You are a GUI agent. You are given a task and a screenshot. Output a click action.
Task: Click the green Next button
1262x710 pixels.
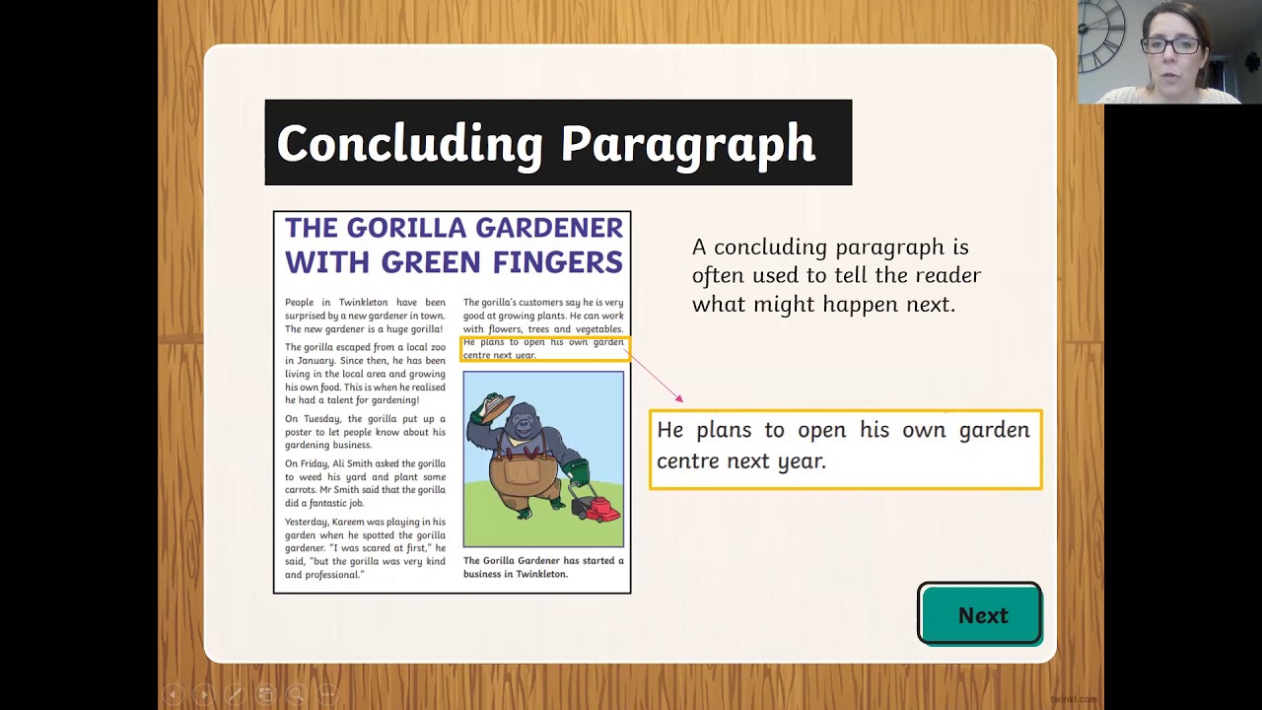980,614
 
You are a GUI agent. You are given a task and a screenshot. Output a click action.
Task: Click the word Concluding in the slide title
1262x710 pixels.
409,144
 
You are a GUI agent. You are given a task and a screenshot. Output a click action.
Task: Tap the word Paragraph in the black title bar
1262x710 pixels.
687,144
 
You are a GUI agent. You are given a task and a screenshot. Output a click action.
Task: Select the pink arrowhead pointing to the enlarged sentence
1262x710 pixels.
678,397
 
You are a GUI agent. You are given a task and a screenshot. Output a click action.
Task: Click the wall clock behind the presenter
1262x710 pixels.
1101,35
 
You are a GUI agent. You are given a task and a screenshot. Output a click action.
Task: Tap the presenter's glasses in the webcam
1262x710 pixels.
1171,45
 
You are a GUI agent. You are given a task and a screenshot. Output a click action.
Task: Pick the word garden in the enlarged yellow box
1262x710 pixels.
994,430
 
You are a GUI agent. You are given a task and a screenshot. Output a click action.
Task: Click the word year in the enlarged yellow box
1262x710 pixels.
800,461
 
